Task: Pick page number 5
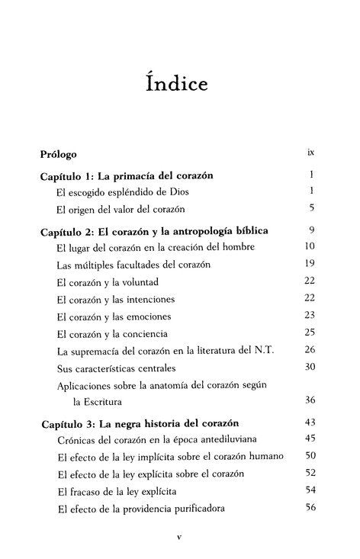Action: point(312,207)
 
